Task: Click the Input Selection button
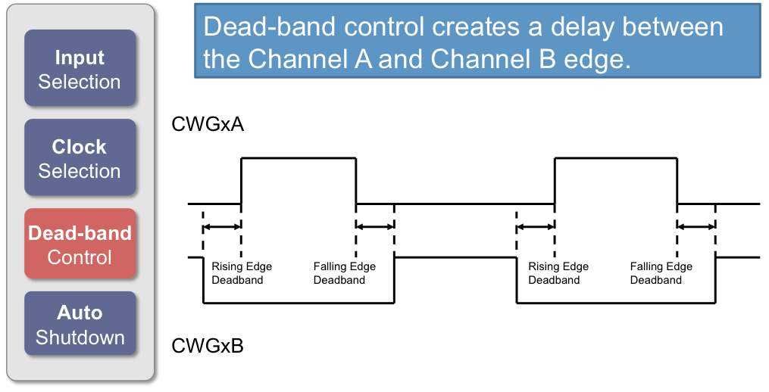click(x=80, y=70)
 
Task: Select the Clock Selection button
click(x=80, y=159)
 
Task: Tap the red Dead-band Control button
click(x=80, y=244)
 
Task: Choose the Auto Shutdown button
click(x=80, y=325)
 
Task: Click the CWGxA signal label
click(x=208, y=124)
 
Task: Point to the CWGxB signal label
click(x=208, y=346)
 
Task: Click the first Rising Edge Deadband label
click(x=241, y=273)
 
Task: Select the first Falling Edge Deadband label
click(x=344, y=273)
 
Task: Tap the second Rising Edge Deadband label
click(x=558, y=273)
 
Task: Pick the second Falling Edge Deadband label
click(x=661, y=273)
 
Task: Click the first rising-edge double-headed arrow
click(x=222, y=226)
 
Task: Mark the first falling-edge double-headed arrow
click(x=375, y=226)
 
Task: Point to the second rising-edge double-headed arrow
click(x=536, y=226)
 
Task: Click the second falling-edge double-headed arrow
click(x=696, y=226)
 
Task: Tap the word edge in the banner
click(x=598, y=59)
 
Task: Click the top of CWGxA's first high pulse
click(x=299, y=157)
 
